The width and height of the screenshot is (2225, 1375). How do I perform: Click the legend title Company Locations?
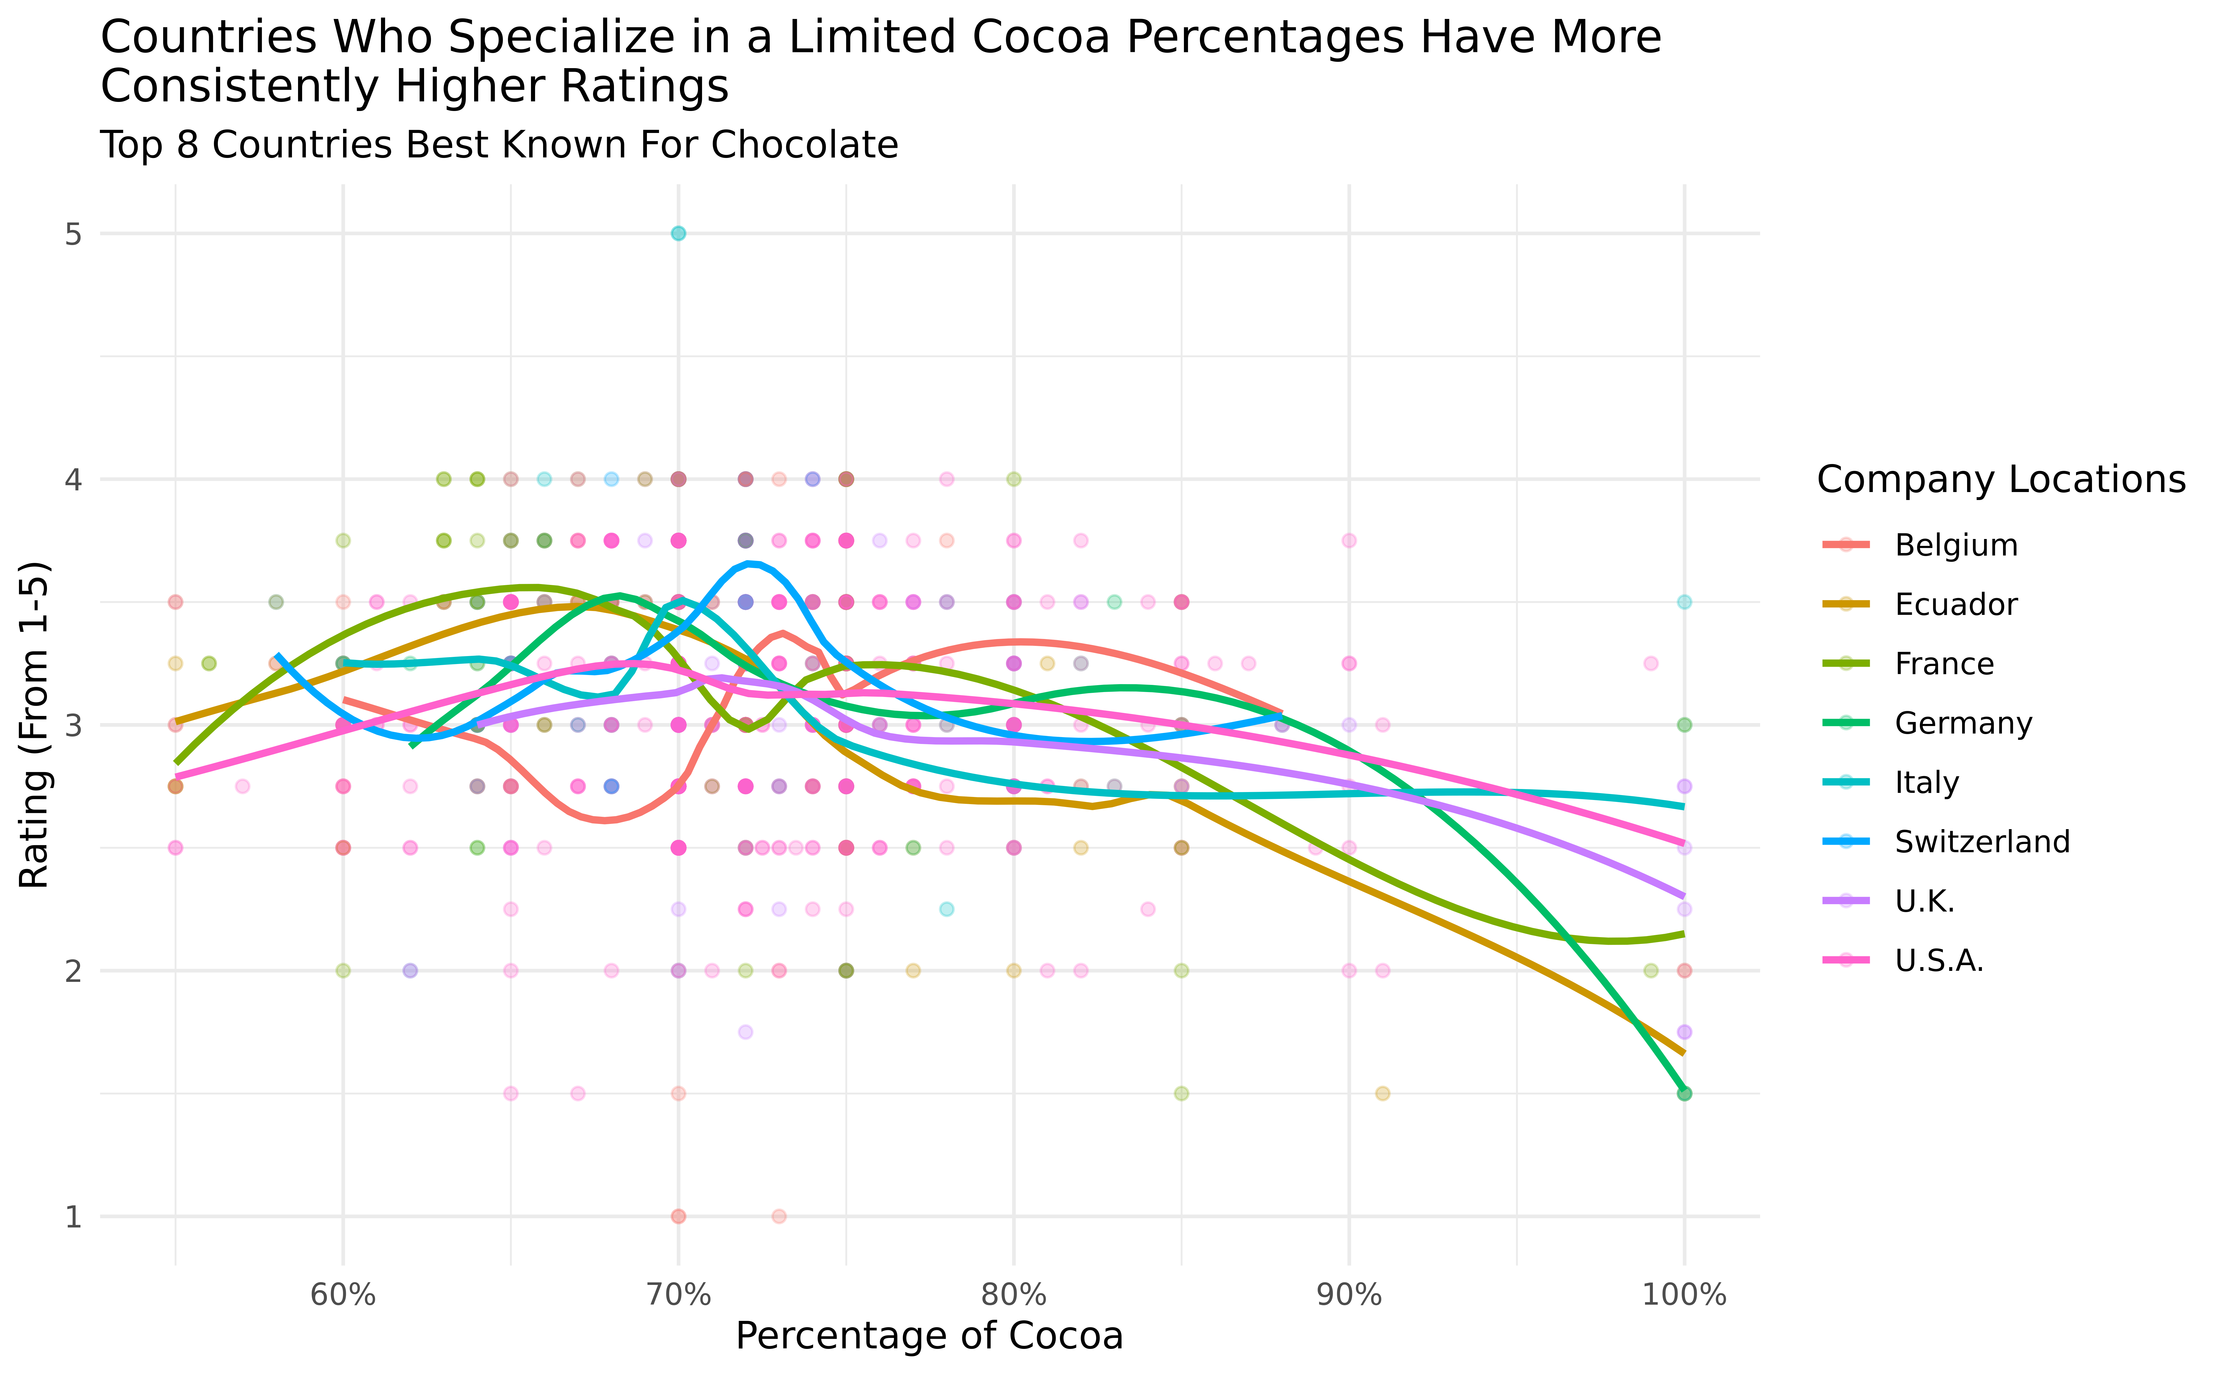coord(2000,479)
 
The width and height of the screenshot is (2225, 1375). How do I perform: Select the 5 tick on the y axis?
coord(73,234)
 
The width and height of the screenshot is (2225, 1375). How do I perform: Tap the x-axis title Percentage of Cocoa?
coord(929,1336)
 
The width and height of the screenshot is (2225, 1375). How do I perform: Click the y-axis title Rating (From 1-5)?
coord(35,725)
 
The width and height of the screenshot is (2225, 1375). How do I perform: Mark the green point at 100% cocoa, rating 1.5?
coord(1684,1093)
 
